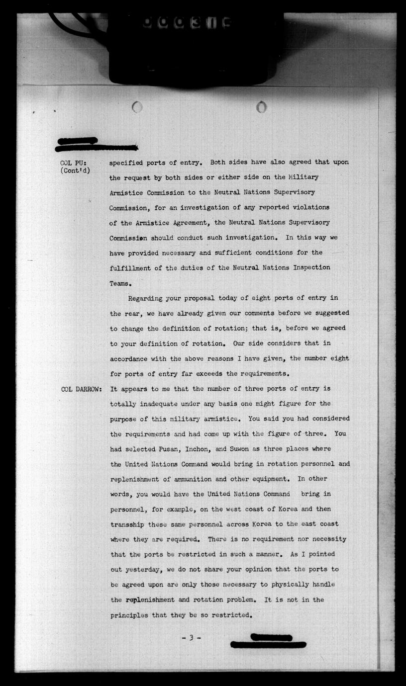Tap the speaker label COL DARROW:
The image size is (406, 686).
click(x=81, y=389)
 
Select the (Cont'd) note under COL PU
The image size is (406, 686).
click(x=75, y=171)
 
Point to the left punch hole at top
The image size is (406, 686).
click(x=138, y=106)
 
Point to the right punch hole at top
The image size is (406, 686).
click(x=261, y=106)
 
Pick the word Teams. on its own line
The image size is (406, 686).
click(x=120, y=283)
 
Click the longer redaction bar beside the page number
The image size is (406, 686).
click(x=268, y=645)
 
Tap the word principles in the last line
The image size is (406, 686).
click(x=130, y=615)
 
